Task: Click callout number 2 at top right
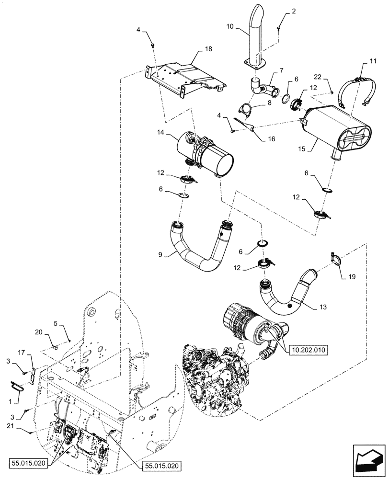click(x=294, y=11)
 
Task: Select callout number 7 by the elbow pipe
click(x=279, y=71)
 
